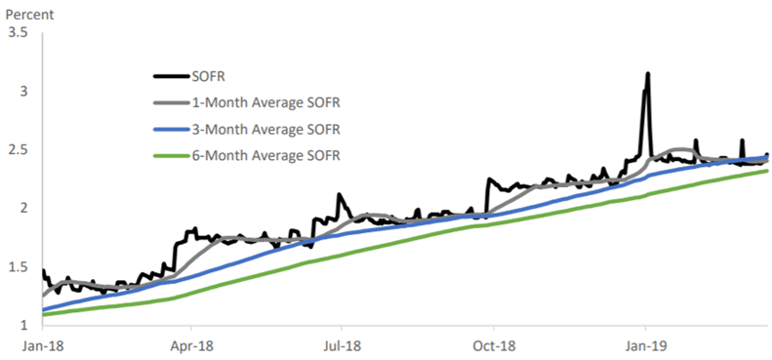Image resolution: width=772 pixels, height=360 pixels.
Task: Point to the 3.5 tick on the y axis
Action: pos(18,33)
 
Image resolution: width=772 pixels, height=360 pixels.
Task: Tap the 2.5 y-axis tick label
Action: pos(18,149)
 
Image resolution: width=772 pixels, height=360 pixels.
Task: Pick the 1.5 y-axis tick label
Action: pos(18,266)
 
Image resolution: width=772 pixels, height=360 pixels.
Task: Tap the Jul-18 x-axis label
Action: pos(342,344)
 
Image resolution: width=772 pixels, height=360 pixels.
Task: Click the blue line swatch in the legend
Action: pos(174,129)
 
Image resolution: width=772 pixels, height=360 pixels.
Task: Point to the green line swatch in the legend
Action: pos(174,155)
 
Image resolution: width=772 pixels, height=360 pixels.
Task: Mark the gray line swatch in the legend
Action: pos(174,102)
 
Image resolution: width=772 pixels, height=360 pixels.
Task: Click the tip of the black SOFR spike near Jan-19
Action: pos(647,73)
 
